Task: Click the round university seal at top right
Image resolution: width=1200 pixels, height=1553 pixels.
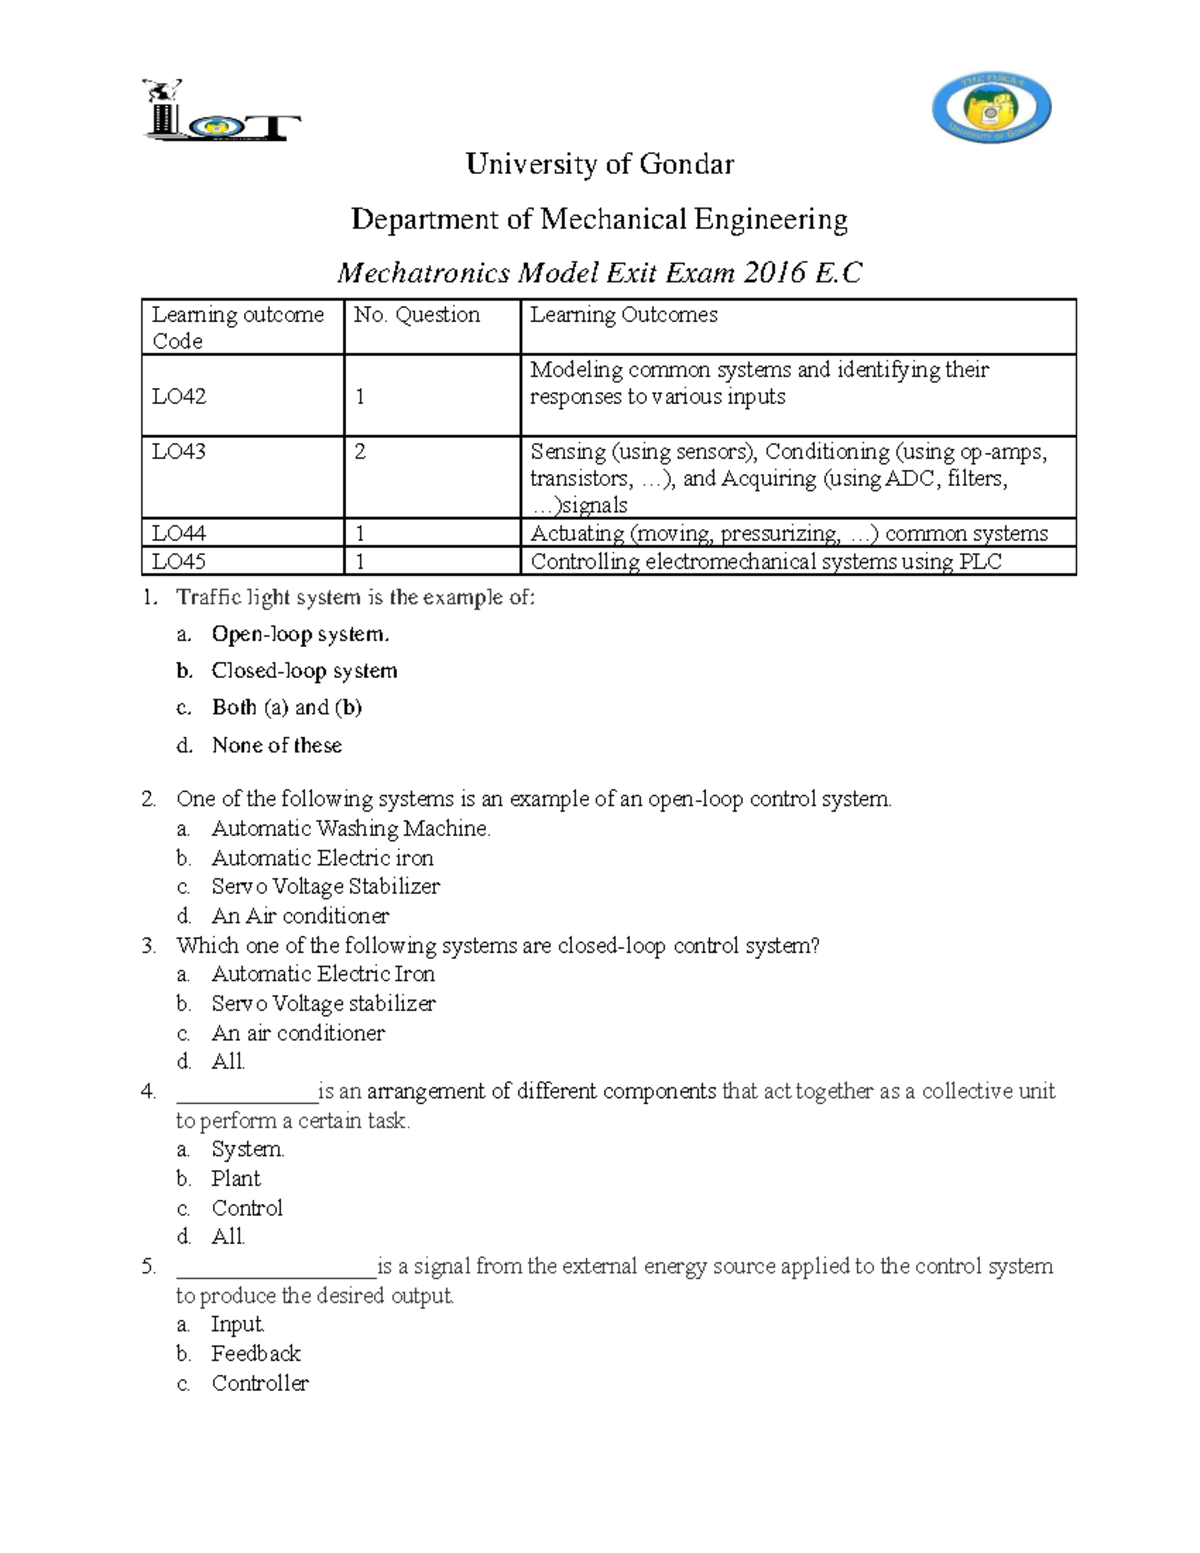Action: pos(990,109)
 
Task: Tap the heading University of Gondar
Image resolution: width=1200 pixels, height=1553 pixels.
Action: pos(600,165)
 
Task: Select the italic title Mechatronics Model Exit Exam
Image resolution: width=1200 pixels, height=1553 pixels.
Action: pos(599,273)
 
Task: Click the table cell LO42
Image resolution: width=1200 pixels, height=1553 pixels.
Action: pos(179,396)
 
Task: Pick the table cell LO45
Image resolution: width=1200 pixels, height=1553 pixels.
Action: pos(179,561)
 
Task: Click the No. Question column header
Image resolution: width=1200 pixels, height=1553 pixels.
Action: pos(417,315)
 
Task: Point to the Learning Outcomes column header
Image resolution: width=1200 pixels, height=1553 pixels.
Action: pos(624,315)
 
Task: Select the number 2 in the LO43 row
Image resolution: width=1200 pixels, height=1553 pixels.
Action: pos(360,452)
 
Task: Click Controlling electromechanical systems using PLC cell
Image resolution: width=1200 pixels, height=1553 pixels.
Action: pos(766,561)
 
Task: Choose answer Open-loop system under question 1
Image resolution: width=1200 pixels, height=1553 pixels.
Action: pos(300,634)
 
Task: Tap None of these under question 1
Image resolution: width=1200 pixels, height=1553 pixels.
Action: pos(277,745)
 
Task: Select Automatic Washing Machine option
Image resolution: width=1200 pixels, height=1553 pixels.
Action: pos(351,828)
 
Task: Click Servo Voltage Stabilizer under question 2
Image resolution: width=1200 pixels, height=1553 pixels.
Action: pos(325,886)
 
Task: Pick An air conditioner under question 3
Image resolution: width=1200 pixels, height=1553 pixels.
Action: pos(298,1033)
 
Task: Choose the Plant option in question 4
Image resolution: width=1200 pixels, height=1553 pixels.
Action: pos(236,1179)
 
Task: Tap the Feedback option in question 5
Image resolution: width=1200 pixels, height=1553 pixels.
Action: pos(256,1354)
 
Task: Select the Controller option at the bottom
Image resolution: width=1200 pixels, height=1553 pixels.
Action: pos(260,1383)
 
